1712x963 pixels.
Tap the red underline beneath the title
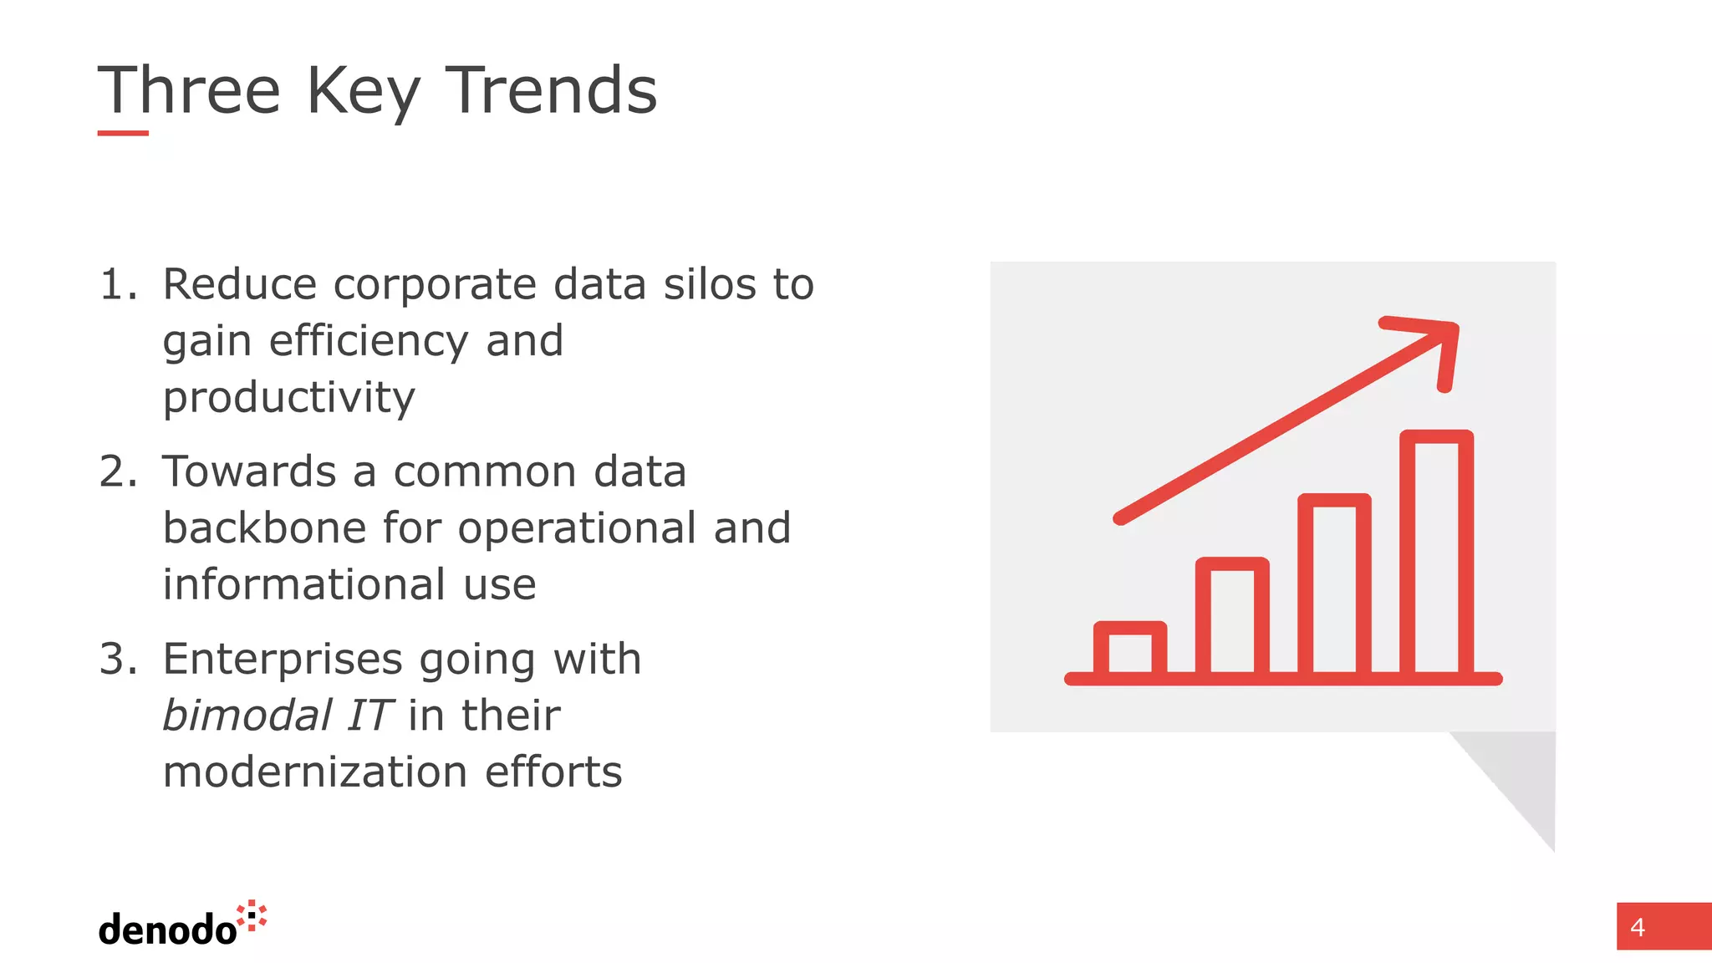tap(123, 133)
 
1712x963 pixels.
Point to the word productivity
tap(288, 398)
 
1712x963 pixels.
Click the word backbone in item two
tap(264, 528)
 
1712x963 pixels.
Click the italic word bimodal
tap(247, 716)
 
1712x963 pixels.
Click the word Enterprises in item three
tap(283, 660)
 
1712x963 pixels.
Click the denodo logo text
tap(167, 930)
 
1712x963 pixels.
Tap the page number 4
tap(1637, 927)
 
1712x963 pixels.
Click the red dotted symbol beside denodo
tap(252, 915)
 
